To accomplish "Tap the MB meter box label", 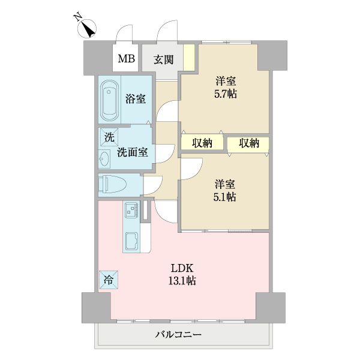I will click(126, 59).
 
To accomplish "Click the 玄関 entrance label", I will click(163, 59).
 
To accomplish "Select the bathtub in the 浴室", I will click(109, 99).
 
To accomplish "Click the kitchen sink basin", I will click(131, 242).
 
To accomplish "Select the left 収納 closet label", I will click(202, 143).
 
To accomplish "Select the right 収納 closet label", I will click(248, 143).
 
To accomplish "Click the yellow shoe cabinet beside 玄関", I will click(189, 58).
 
